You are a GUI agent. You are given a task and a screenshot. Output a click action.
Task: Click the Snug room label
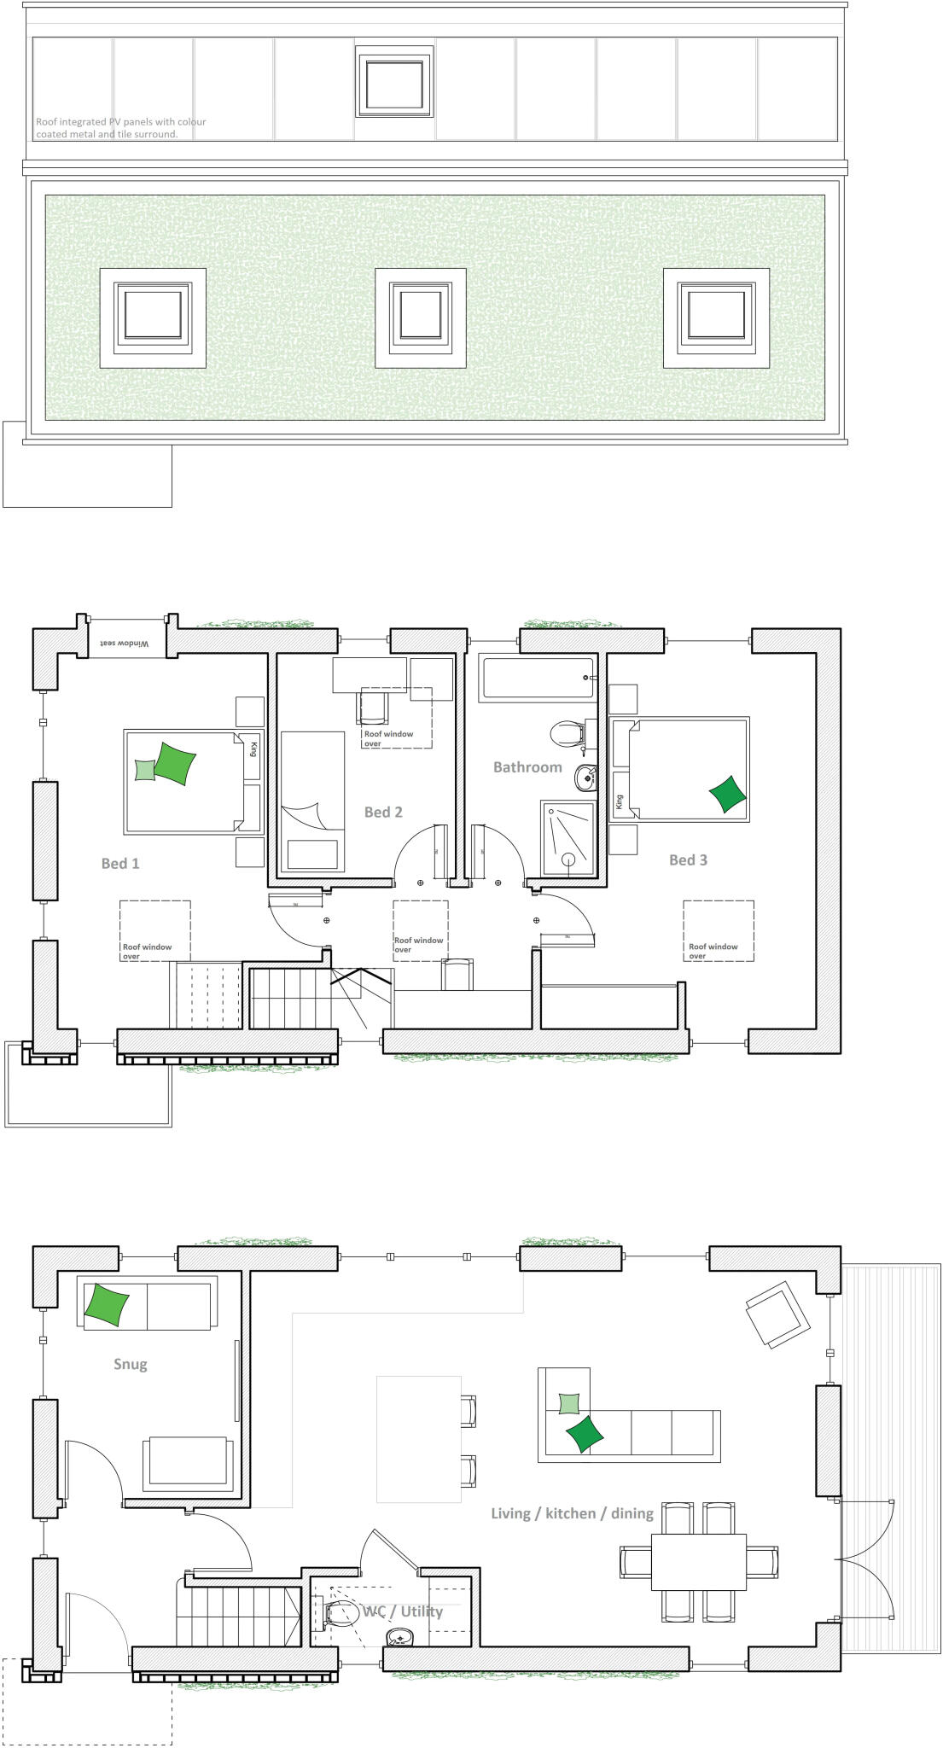click(131, 1364)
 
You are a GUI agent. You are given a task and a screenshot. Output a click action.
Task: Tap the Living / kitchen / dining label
click(572, 1513)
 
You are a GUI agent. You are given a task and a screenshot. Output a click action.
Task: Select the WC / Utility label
click(403, 1611)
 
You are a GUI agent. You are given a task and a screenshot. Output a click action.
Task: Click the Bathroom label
click(527, 767)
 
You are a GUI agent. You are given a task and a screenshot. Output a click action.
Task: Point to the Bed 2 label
click(383, 812)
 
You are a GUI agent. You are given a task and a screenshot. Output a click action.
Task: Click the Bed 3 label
click(688, 859)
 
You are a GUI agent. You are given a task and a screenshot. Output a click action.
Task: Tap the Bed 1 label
click(120, 863)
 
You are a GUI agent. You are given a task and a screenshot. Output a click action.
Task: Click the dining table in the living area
click(698, 1561)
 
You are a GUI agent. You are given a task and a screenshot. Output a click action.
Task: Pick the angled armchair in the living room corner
click(777, 1315)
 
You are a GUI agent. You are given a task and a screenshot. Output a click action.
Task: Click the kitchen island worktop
click(418, 1439)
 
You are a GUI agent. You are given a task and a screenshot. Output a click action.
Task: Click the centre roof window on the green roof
click(421, 318)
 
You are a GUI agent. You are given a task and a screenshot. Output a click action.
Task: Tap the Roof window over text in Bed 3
click(713, 951)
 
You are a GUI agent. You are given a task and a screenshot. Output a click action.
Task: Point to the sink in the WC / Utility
click(400, 1638)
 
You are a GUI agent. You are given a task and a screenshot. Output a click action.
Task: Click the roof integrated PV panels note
click(120, 128)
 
